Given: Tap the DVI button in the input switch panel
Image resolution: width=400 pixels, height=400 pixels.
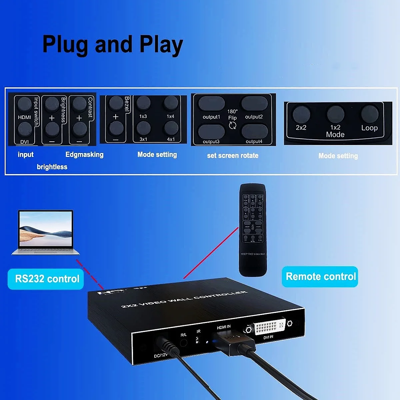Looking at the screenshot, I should pos(24,129).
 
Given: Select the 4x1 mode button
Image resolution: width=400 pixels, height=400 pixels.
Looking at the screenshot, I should pos(171,128).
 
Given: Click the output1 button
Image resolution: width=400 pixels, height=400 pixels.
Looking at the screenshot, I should pos(211,104).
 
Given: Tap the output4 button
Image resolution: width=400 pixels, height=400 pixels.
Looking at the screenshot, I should pos(254,131).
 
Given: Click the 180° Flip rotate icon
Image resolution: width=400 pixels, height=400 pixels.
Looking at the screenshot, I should pos(232,125).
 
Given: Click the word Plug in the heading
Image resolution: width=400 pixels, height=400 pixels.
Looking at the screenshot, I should pos(65,45).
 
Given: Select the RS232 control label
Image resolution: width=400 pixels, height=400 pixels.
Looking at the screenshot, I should pos(47,279).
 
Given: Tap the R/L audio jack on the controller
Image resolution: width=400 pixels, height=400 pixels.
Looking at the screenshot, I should pos(183,342).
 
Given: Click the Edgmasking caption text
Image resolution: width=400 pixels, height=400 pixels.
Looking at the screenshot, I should pos(84,154).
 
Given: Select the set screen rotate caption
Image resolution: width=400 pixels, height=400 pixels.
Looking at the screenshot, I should pos(232,155).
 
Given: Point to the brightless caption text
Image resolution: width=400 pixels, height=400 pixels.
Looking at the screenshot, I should pos(52,167).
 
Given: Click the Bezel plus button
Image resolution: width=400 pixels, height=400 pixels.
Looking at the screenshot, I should pos(116,104).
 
